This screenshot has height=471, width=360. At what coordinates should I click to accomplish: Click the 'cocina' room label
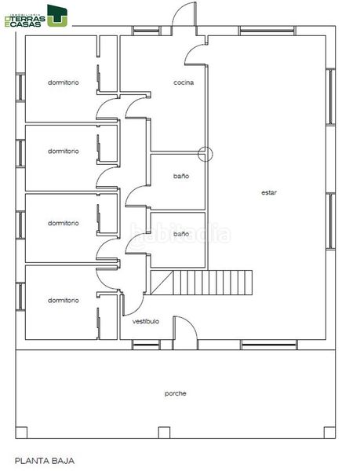click(x=184, y=82)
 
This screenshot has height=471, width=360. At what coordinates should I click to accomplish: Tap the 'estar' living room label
click(x=269, y=192)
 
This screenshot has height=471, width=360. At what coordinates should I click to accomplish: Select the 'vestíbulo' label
click(x=146, y=321)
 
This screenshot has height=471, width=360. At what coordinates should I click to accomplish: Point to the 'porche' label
click(x=176, y=393)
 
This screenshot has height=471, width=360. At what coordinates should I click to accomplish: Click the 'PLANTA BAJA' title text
click(x=45, y=461)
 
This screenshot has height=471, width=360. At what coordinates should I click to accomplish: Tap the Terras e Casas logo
click(x=36, y=16)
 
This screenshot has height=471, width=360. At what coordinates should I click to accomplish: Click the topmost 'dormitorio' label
click(x=64, y=82)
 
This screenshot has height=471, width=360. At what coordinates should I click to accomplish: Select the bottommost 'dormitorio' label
click(x=64, y=301)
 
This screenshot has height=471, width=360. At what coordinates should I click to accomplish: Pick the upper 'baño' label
click(x=181, y=176)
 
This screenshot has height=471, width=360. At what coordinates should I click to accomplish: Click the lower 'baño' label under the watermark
click(x=181, y=234)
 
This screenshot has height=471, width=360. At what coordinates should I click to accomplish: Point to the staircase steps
click(x=213, y=283)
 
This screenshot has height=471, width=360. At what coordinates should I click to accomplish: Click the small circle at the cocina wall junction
click(x=205, y=154)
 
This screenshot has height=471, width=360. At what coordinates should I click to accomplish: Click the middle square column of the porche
click(x=164, y=433)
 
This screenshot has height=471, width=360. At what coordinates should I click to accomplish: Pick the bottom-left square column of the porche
click(x=21, y=433)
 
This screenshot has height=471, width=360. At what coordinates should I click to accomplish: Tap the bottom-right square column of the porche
click(x=329, y=433)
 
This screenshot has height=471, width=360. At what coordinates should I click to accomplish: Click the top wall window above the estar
click(x=267, y=31)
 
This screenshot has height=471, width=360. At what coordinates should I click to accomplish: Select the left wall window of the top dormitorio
click(x=20, y=87)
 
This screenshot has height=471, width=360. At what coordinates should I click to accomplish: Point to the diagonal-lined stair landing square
click(x=162, y=283)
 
